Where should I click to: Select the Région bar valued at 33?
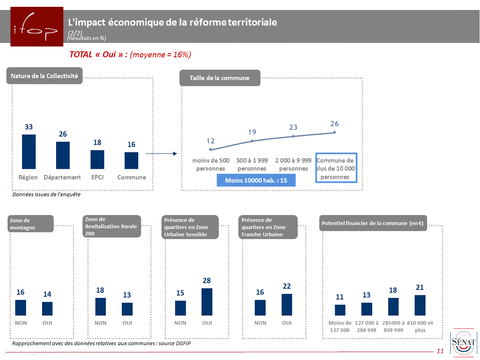pos(29,152)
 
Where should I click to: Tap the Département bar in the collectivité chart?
pos(63,155)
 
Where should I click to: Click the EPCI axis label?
pos(97,177)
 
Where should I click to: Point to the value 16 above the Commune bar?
pos(131,145)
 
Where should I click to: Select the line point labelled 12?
pos(211,148)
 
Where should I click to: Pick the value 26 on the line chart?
pos(334,124)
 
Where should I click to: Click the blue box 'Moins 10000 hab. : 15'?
pos(256,180)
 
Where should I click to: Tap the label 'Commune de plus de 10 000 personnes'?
pos(336,168)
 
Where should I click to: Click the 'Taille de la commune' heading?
pos(219,78)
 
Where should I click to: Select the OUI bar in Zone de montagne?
pos(47,309)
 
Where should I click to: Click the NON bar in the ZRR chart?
pos(101,307)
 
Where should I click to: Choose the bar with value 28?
pos(207,302)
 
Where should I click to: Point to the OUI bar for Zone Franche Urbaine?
pos(287,305)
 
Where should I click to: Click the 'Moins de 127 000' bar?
pos(340,310)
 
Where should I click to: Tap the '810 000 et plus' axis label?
pos(420,326)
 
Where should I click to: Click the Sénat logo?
pos(463,342)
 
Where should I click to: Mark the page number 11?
pos(440,351)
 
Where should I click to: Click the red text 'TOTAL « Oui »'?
pos(98,55)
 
